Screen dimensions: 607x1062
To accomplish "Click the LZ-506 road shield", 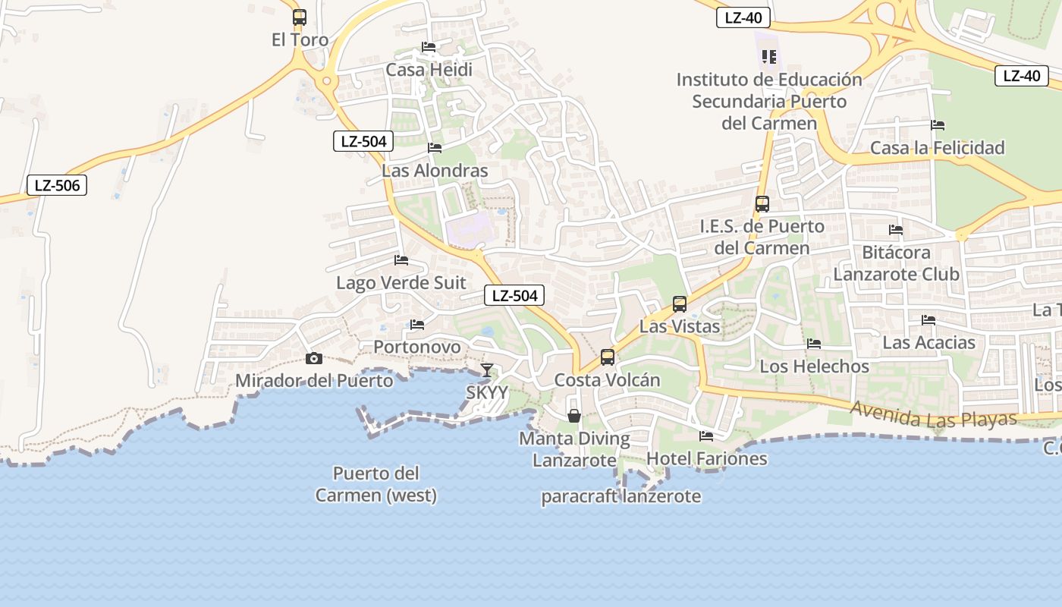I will coord(57,185).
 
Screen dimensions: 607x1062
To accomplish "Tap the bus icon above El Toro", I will coord(300,17).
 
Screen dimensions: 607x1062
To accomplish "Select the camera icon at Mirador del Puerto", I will coord(313,358).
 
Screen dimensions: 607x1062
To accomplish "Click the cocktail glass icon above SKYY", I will coord(486,370).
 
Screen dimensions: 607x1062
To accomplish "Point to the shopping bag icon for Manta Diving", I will coord(574,416).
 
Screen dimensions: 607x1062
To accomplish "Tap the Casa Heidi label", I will coord(429,70).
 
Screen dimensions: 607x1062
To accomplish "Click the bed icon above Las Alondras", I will coord(435,147).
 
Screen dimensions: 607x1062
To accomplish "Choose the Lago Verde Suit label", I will coord(401,283).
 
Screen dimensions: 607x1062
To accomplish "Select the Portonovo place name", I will coord(416,347).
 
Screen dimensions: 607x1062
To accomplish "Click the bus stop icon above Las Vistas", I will coord(680,304).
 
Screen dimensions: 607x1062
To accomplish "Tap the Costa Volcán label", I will coord(607,380).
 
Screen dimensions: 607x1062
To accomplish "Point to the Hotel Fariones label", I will coord(706,459).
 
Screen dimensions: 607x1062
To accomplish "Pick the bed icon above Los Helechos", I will coord(814,344).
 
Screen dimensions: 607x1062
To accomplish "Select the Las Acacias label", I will coord(928,343).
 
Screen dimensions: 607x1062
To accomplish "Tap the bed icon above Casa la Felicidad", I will coord(938,125).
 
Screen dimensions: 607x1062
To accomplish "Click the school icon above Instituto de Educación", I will coord(769,57).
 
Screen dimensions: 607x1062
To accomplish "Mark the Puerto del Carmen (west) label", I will coord(376,485).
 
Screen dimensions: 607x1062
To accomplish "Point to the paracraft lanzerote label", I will coord(621,497).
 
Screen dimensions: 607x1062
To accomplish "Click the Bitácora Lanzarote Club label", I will coord(896,263).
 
